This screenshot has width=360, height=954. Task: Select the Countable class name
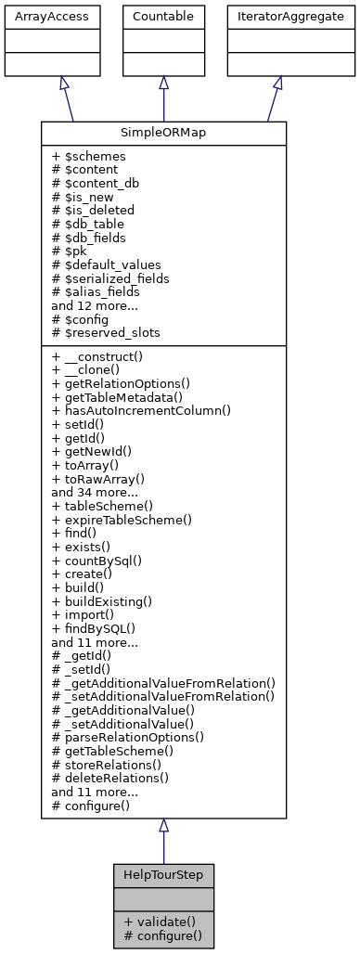(163, 17)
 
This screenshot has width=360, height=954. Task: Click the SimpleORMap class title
(163, 134)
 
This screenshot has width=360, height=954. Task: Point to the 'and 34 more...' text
(96, 493)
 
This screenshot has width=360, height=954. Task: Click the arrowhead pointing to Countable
(163, 83)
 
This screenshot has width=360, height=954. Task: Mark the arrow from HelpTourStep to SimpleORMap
(163, 844)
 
